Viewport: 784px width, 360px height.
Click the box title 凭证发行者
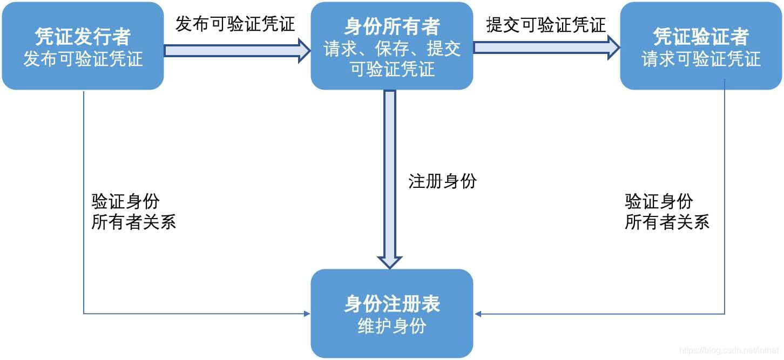83,36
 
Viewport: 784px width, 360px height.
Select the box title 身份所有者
392,26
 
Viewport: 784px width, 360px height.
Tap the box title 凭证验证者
701,36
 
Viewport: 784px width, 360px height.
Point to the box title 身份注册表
392,304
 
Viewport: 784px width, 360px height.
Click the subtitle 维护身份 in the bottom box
392,326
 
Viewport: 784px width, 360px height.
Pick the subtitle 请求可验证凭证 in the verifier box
701,59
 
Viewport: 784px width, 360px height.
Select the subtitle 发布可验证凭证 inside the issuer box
83,59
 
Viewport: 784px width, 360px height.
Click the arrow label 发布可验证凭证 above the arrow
235,24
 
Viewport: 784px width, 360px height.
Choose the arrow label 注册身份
442,181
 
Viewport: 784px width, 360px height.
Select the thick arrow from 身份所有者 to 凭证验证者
546,47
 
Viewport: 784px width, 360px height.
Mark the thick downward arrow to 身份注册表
390,178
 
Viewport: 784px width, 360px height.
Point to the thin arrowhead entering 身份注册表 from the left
307,313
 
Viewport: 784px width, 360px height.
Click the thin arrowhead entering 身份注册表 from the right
477,314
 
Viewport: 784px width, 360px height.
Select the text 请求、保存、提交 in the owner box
392,49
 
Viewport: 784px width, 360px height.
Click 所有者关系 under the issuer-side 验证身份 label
133,222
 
